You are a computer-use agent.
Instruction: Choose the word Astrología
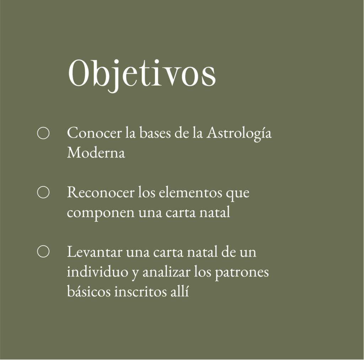tap(239, 134)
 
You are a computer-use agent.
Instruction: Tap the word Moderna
tap(96, 152)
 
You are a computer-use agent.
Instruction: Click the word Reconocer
tap(101, 192)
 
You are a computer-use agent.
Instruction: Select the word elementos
tap(191, 193)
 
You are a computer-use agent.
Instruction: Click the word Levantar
tap(95, 252)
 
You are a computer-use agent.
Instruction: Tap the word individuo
tap(97, 271)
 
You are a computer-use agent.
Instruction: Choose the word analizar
tap(166, 271)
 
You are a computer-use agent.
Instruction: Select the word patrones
tap(241, 273)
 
